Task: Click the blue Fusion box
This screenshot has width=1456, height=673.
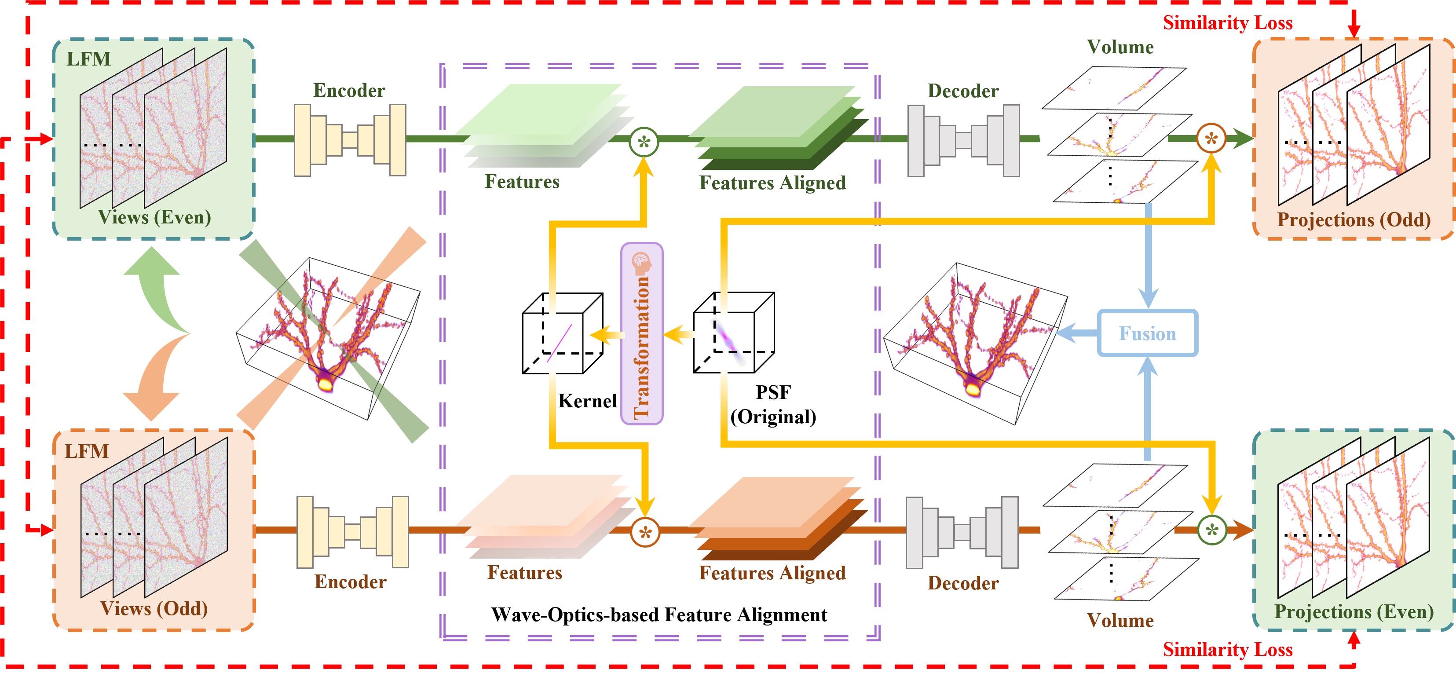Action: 1147,333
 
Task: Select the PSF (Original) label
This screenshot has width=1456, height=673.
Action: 773,405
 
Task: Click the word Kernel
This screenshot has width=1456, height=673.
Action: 587,401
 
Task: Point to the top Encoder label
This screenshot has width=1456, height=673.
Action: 349,91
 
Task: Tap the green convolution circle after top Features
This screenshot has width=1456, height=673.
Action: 644,141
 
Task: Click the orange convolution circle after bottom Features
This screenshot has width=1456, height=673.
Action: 645,532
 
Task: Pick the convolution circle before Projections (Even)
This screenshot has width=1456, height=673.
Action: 1212,530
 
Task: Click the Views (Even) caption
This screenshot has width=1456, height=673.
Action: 154,217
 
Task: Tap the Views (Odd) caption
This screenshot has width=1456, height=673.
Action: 154,609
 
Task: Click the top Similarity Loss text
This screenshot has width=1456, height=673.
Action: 1228,22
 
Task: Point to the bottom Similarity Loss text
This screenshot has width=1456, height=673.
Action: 1228,650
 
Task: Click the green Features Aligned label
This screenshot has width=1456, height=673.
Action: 772,183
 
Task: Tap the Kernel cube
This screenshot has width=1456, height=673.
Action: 563,333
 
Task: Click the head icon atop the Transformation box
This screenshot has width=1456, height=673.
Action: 641,262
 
